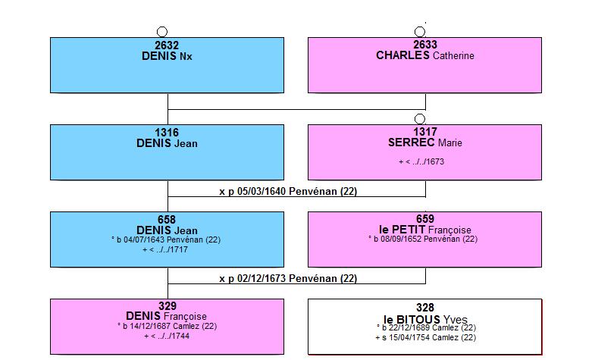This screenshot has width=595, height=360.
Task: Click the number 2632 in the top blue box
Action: (x=167, y=45)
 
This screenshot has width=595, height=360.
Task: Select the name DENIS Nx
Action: (x=167, y=56)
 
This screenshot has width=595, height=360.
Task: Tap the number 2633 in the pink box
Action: (x=425, y=45)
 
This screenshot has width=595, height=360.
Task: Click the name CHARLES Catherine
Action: (x=425, y=55)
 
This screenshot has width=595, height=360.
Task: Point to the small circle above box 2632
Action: (x=162, y=32)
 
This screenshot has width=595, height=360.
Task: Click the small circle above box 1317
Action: (x=420, y=119)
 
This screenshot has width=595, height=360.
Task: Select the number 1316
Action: (x=167, y=133)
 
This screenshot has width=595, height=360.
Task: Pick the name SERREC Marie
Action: (x=425, y=142)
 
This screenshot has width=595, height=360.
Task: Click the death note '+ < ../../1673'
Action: (x=421, y=161)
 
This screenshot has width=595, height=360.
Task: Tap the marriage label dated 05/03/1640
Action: (x=288, y=191)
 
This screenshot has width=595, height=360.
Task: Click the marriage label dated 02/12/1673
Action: (x=288, y=278)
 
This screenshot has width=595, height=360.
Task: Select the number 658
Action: (x=167, y=220)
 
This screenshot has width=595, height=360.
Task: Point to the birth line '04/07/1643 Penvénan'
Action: (x=166, y=239)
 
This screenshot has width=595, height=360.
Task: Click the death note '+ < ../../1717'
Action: (x=165, y=249)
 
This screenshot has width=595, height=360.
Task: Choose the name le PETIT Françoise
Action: (x=425, y=230)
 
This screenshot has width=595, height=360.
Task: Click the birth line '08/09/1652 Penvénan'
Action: (x=423, y=239)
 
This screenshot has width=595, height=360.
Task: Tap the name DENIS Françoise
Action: (x=166, y=316)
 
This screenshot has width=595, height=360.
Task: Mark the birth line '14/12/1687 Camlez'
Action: (x=167, y=326)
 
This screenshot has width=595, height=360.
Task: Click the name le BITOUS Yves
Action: (x=425, y=319)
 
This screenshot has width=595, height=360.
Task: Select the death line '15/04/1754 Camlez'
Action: (x=425, y=337)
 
